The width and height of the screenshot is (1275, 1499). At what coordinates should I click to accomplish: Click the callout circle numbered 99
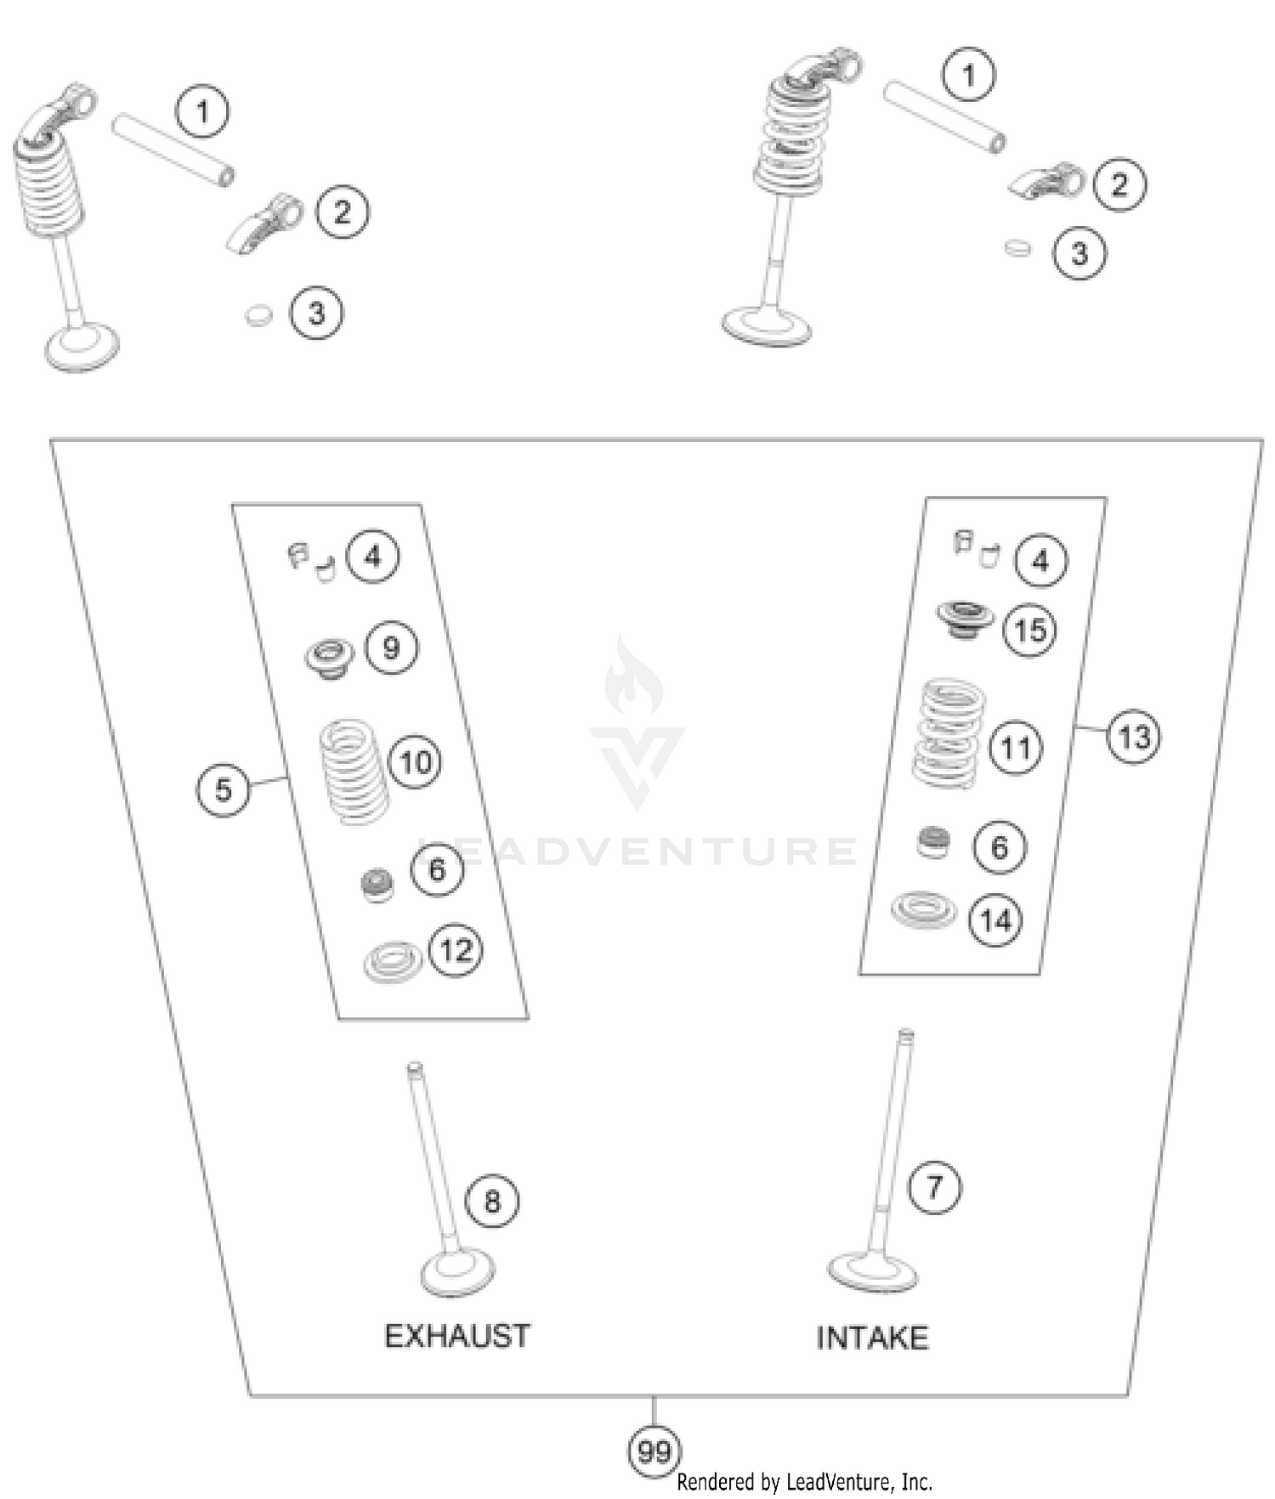tap(654, 1451)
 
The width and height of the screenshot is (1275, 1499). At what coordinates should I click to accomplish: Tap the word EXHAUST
tap(457, 1336)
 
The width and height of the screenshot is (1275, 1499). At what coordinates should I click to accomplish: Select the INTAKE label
tap(872, 1338)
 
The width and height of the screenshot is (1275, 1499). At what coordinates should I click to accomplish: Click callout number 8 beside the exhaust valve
tap(492, 1202)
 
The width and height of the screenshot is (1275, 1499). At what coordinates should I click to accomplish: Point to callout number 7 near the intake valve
tap(935, 1187)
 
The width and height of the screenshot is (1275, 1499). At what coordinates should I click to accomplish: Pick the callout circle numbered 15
tap(1030, 631)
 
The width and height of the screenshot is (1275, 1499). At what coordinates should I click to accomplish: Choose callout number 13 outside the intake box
tap(1134, 737)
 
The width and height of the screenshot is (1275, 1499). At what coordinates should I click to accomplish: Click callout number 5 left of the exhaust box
tap(223, 789)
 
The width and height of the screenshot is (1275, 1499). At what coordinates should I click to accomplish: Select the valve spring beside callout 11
tap(949, 733)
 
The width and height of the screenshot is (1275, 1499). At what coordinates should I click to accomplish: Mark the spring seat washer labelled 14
tap(923, 910)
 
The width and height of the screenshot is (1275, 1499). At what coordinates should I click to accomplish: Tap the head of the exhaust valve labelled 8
tap(458, 1276)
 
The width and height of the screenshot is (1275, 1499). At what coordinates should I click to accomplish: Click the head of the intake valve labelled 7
tap(872, 1272)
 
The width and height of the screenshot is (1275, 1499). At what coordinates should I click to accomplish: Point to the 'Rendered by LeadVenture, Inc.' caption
tap(804, 1482)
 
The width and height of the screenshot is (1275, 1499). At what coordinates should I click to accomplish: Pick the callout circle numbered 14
tap(996, 920)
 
